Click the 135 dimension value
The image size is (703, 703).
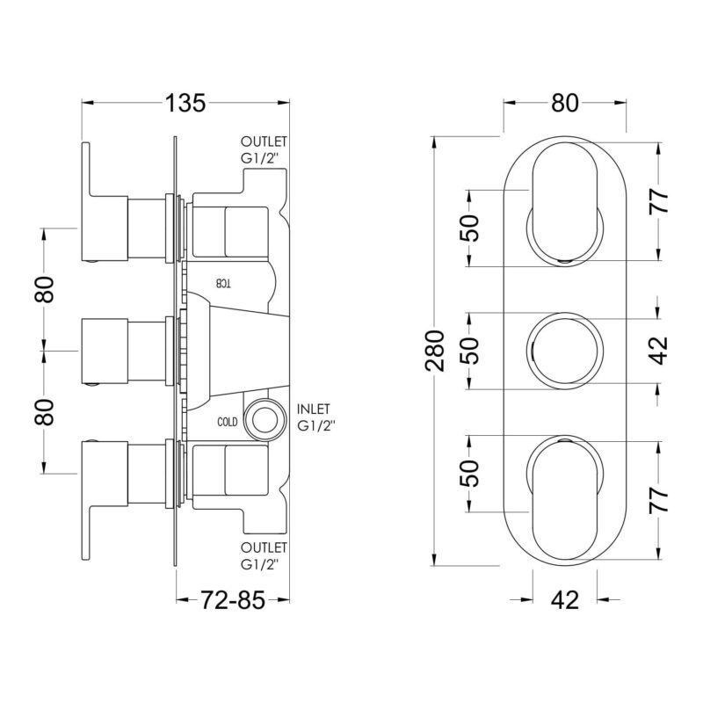click(185, 103)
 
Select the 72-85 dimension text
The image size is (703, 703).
click(233, 599)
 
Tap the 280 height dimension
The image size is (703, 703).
click(434, 351)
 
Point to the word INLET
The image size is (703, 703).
click(314, 409)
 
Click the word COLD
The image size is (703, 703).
click(228, 422)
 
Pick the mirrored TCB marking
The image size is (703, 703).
click(224, 283)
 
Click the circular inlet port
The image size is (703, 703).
click(265, 420)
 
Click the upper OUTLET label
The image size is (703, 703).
click(264, 141)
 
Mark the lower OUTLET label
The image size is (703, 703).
click(264, 547)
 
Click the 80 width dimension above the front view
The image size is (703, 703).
click(565, 103)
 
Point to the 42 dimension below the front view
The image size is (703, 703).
click(565, 599)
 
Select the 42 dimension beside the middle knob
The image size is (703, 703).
click(658, 351)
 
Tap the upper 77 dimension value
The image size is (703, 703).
click(658, 201)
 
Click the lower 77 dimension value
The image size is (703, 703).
click(658, 500)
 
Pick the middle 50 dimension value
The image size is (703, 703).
click(469, 351)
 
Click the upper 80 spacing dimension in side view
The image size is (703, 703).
click(45, 290)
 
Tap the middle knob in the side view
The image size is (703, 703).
click(105, 351)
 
